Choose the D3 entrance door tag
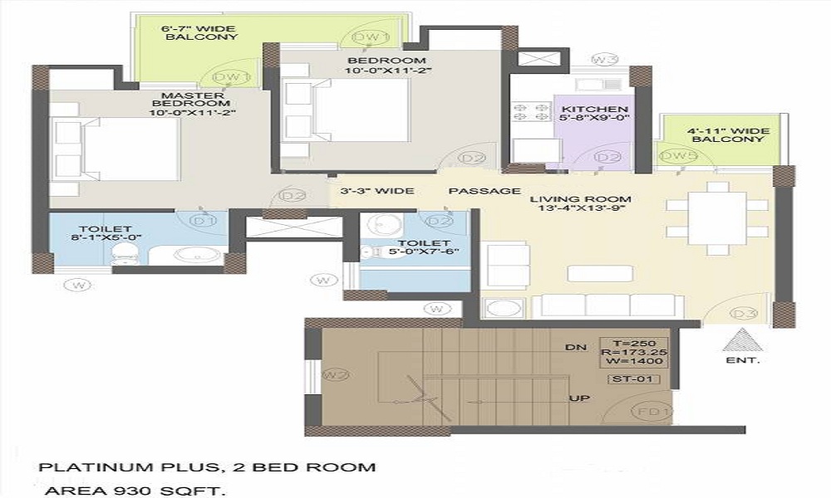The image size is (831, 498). (744, 313)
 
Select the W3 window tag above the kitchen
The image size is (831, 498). (604, 59)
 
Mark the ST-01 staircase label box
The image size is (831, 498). (635, 379)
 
